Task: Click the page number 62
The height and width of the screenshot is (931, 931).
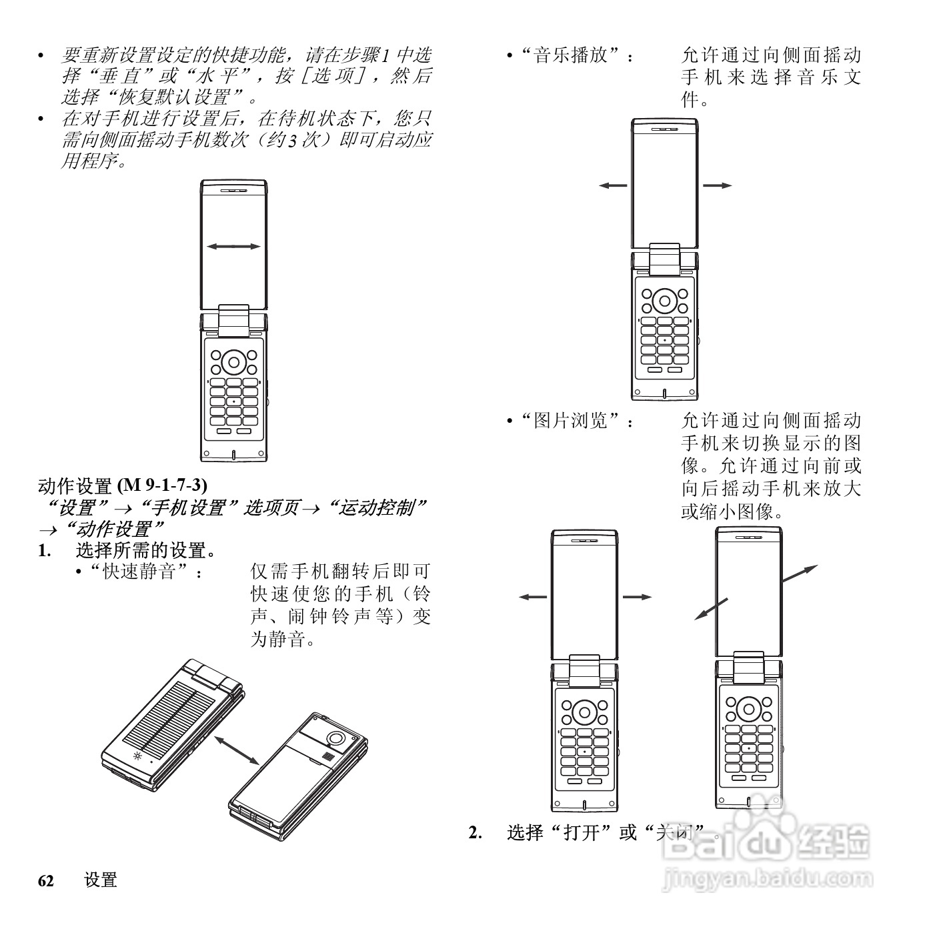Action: [x=45, y=880]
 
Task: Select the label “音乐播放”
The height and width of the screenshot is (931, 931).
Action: [x=572, y=55]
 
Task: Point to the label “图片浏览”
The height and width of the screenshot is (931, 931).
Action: [x=572, y=421]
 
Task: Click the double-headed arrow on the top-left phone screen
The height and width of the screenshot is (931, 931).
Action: [x=233, y=247]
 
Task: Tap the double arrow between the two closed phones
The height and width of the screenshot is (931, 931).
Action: [x=236, y=750]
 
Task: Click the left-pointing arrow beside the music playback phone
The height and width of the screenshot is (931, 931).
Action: [x=613, y=185]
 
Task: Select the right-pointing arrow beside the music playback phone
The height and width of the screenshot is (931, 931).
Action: [x=718, y=185]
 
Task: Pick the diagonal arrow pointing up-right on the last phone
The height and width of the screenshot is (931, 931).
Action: [x=799, y=574]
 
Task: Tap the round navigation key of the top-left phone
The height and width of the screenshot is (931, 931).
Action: [x=233, y=363]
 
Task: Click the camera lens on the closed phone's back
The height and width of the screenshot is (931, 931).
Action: [x=335, y=738]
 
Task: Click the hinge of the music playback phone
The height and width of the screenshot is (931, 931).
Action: [x=665, y=259]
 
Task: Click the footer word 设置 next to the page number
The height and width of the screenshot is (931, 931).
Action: [x=101, y=880]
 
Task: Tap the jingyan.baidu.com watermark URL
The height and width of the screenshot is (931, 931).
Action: [x=767, y=880]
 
